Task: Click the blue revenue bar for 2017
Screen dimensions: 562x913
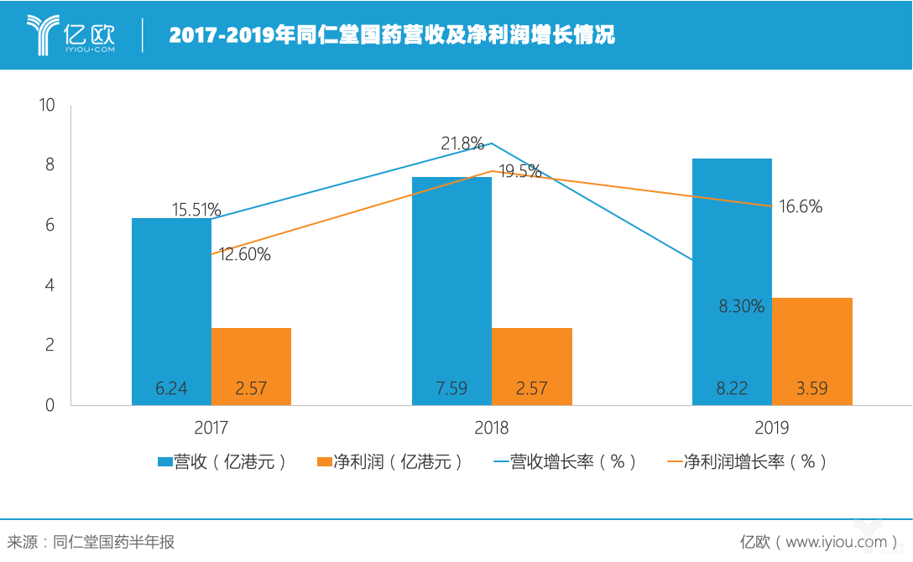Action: pyautogui.click(x=171, y=310)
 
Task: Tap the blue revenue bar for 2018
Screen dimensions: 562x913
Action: pyautogui.click(x=451, y=290)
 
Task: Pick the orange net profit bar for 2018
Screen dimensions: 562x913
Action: pyautogui.click(x=532, y=366)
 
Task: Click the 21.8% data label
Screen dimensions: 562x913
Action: pyautogui.click(x=462, y=143)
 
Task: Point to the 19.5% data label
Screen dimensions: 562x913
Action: pyautogui.click(x=520, y=172)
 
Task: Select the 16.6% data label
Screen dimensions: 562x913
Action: pyautogui.click(x=801, y=206)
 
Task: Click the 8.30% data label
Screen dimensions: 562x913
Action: pyautogui.click(x=741, y=307)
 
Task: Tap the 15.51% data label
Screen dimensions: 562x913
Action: pyautogui.click(x=197, y=210)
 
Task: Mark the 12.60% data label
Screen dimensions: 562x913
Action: pyautogui.click(x=245, y=255)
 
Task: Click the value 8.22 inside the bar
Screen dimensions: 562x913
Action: pyautogui.click(x=732, y=388)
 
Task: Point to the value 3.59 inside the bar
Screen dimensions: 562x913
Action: pyautogui.click(x=812, y=388)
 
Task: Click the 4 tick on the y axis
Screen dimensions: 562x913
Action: pyautogui.click(x=50, y=285)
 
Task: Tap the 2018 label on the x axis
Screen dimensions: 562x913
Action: pyautogui.click(x=492, y=429)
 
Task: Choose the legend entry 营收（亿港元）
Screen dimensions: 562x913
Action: pyautogui.click(x=223, y=462)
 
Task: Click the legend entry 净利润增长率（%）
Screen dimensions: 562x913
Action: pyautogui.click(x=747, y=462)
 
